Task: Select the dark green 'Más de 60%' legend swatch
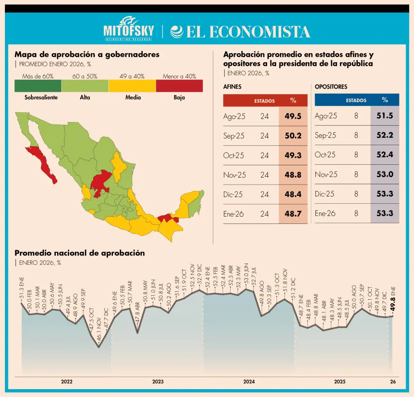pyautogui.click(x=38, y=85)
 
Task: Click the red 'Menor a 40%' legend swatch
pyautogui.click(x=179, y=85)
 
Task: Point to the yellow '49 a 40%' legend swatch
pyautogui.click(x=132, y=85)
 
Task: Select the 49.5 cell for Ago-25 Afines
pyautogui.click(x=293, y=116)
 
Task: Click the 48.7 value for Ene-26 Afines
pyautogui.click(x=293, y=214)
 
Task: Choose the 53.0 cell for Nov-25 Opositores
pyautogui.click(x=385, y=174)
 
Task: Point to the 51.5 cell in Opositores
pyautogui.click(x=385, y=116)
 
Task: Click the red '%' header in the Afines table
pyautogui.click(x=293, y=100)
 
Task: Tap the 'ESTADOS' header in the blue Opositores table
pyautogui.click(x=356, y=100)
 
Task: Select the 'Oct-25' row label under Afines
pyautogui.click(x=234, y=155)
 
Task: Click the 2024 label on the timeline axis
pyautogui.click(x=249, y=382)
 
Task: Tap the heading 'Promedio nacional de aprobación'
pyautogui.click(x=79, y=253)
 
